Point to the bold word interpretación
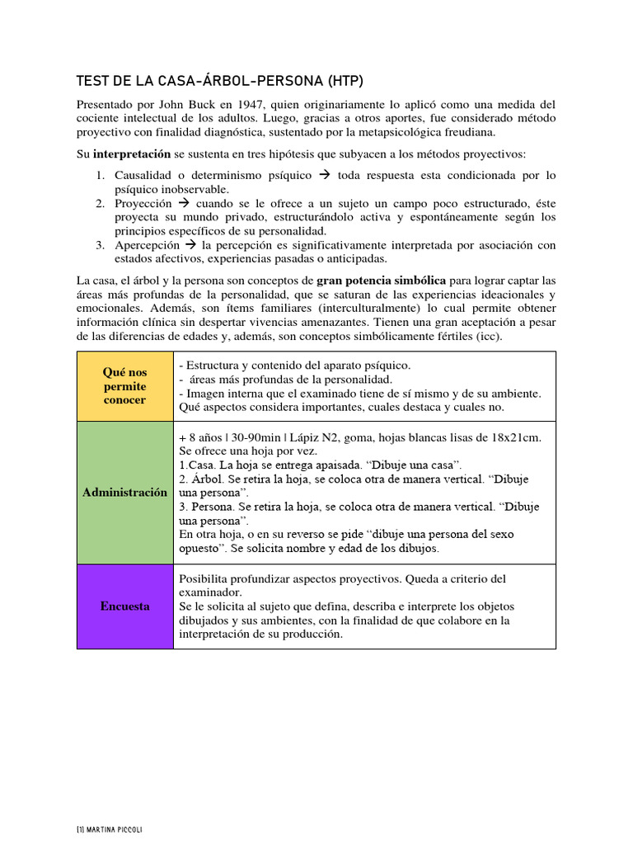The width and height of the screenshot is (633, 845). tap(131, 153)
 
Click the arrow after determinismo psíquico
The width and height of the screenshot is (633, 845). tap(324, 175)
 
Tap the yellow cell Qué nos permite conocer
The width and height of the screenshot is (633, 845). tap(125, 386)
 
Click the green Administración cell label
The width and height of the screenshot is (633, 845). tap(125, 493)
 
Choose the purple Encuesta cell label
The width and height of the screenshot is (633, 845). tap(125, 606)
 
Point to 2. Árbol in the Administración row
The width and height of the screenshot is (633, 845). tap(197, 479)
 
